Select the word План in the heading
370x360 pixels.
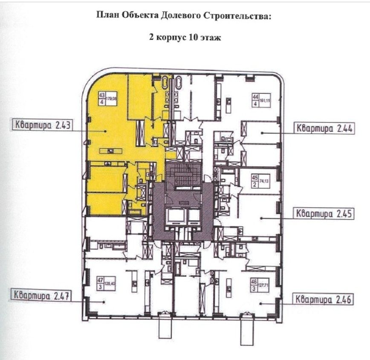tap(107, 17)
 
